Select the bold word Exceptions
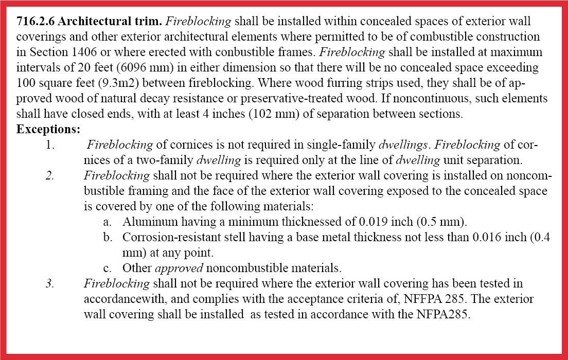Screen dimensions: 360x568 48,130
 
